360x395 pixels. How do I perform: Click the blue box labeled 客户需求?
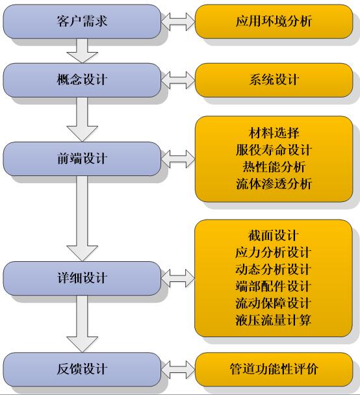(x=82, y=21)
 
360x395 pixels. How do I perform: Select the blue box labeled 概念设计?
(x=82, y=80)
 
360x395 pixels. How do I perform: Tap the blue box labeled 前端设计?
(x=82, y=159)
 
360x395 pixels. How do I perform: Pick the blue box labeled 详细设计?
(x=82, y=278)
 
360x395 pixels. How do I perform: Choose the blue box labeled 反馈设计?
(x=82, y=369)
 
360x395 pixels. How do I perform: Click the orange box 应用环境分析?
(x=274, y=21)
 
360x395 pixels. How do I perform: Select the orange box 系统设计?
(x=274, y=80)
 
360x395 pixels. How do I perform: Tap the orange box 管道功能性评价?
(x=274, y=369)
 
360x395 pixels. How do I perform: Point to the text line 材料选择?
(x=274, y=133)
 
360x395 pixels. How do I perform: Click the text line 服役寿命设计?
(x=274, y=150)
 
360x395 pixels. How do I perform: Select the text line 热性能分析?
(x=274, y=167)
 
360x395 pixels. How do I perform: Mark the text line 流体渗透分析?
(x=274, y=184)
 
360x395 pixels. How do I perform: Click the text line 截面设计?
(x=274, y=236)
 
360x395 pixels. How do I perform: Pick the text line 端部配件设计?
(x=274, y=287)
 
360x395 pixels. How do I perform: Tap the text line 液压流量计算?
(x=274, y=320)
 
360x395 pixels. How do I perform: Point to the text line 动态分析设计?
(x=274, y=270)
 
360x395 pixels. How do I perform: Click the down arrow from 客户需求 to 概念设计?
(x=82, y=51)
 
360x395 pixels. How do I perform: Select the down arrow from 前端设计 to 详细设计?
(x=82, y=219)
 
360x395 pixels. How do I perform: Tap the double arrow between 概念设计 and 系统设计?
(x=178, y=80)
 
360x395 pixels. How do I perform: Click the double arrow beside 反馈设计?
(x=178, y=370)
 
